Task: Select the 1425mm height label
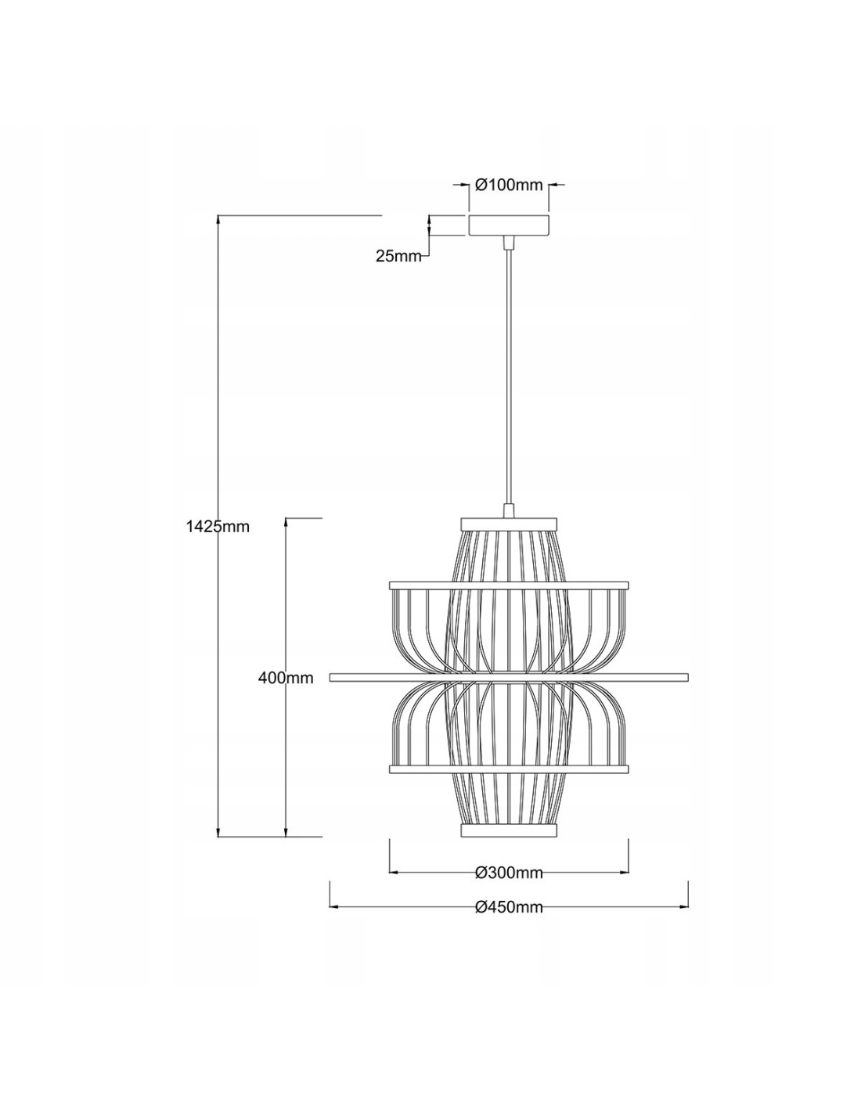click(x=218, y=526)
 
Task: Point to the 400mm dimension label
click(x=286, y=678)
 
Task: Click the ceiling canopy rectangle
click(x=508, y=225)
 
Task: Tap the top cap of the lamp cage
click(x=508, y=524)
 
